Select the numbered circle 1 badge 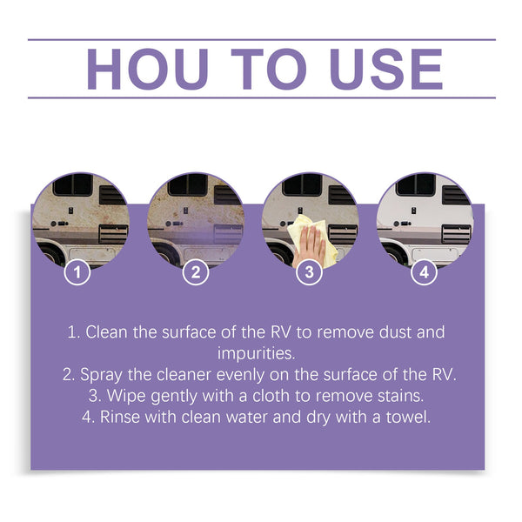[78, 272]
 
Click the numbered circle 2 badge [195, 272]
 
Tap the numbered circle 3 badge [309, 272]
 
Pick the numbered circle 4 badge [424, 272]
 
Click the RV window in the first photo [73, 185]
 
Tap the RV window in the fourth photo [417, 185]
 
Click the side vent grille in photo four [455, 233]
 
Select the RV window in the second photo [187, 185]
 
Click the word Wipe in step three [127, 395]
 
